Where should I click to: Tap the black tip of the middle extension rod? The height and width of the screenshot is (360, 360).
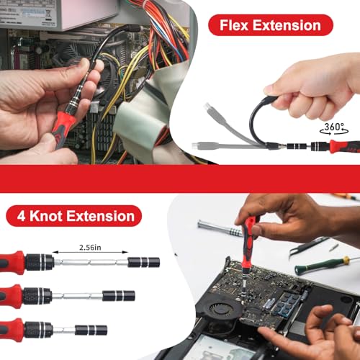[117, 296]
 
